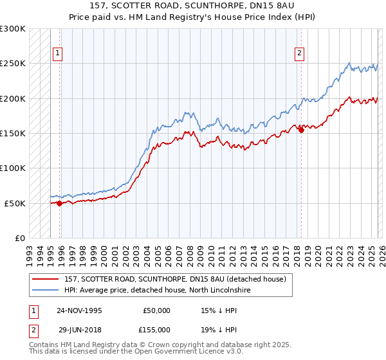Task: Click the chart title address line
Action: pos(192,6)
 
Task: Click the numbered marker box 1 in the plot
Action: pos(59,53)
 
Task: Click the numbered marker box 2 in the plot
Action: pos(300,53)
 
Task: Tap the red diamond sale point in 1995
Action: pos(60,203)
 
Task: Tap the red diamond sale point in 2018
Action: pos(301,130)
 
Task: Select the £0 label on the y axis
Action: pos(19,238)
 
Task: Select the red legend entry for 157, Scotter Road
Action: pos(178,279)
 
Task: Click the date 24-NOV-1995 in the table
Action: pos(79,310)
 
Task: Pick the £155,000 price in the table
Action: pos(157,328)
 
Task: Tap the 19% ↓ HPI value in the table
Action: pos(219,328)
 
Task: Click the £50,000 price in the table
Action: pos(157,310)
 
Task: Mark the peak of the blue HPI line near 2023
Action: pos(349,63)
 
